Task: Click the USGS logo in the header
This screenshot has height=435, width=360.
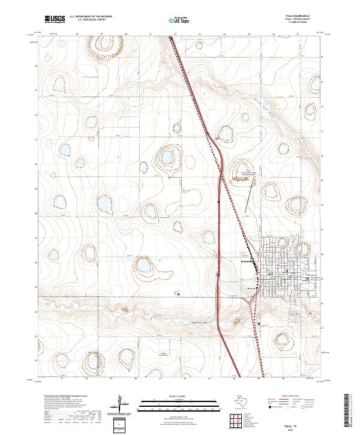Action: click(x=55, y=19)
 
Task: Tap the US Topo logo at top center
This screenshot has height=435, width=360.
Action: click(x=172, y=19)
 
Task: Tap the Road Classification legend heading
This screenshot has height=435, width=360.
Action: click(x=292, y=397)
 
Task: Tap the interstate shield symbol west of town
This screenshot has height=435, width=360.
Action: click(x=217, y=275)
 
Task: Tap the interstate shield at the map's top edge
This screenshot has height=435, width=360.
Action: click(x=171, y=39)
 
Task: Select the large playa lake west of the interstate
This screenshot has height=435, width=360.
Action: click(x=144, y=265)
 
